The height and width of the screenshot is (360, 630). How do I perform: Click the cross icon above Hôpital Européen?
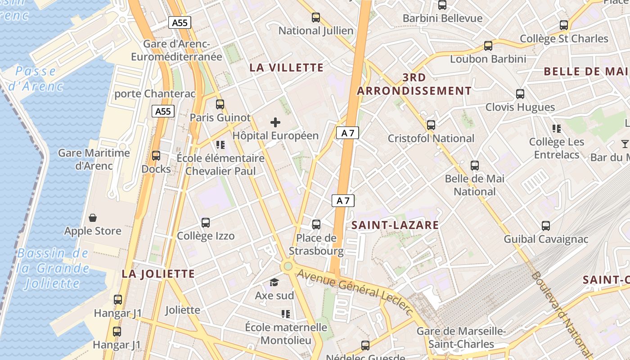(275, 122)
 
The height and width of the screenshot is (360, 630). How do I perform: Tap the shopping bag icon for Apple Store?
(93, 218)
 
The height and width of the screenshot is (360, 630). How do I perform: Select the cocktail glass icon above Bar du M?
(625, 144)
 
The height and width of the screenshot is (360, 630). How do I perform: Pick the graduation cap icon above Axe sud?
(274, 283)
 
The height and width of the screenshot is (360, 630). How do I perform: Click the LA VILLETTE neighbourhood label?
(287, 68)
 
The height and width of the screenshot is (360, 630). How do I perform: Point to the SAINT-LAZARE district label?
(395, 225)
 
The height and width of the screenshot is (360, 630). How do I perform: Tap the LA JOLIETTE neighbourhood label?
(158, 274)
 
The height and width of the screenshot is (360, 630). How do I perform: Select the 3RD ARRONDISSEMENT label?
(414, 84)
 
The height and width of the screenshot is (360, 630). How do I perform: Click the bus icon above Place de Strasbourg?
(316, 224)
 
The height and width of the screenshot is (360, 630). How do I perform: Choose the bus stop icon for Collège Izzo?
(206, 222)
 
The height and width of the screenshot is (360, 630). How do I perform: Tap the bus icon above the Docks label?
(156, 156)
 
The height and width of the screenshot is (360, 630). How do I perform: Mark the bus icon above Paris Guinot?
(220, 104)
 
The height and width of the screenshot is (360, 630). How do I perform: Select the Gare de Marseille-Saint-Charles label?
(461, 338)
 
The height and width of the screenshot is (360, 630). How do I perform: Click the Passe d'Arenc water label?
(36, 78)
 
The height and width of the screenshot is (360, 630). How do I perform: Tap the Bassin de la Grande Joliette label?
(53, 268)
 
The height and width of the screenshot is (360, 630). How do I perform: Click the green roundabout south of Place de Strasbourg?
(288, 266)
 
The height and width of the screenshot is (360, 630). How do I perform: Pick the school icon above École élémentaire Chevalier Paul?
(220, 145)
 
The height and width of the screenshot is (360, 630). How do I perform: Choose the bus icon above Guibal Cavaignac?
(546, 225)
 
